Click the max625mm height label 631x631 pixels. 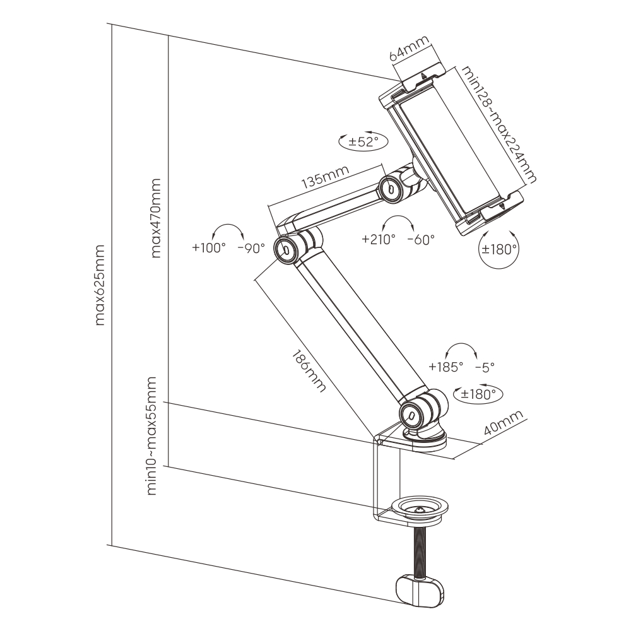point(100,285)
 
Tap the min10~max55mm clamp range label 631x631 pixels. point(152,435)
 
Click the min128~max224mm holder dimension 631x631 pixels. point(498,124)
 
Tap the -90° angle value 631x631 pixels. point(251,248)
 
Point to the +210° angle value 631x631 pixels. point(378,239)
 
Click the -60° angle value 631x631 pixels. point(421,239)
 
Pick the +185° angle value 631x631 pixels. point(445,366)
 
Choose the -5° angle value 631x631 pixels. point(485,366)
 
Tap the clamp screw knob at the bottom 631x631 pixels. point(419,589)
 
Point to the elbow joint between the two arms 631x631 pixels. point(288,248)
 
